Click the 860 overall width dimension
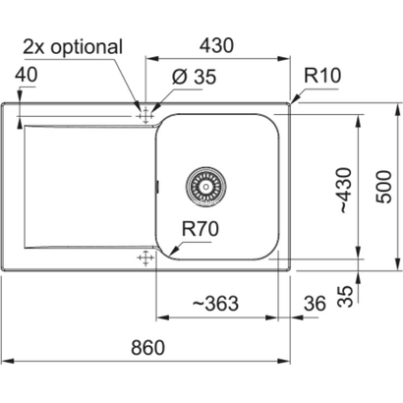147,348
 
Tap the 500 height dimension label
383,187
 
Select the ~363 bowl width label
215,303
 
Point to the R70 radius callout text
201,228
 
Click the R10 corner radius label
322,76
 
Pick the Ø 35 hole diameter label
194,77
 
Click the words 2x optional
73,47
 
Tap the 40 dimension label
27,75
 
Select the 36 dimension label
315,303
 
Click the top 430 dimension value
217,45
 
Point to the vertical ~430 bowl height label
344,190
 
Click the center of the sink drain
205,187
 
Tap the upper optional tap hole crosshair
145,116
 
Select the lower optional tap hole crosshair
145,258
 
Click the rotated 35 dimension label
346,296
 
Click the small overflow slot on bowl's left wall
157,186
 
